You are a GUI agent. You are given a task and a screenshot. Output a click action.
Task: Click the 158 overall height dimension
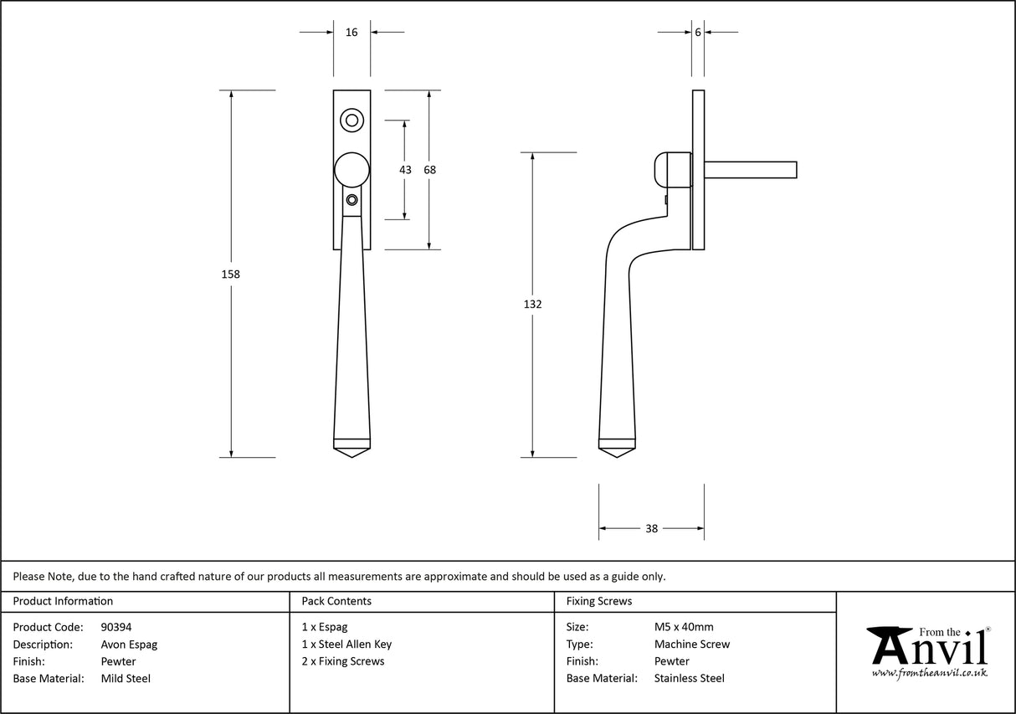[x=231, y=274]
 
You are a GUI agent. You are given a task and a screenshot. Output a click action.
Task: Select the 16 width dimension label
[x=351, y=32]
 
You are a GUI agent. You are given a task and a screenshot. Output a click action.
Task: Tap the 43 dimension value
[x=405, y=169]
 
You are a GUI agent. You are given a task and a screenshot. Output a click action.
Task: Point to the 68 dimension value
[x=429, y=169]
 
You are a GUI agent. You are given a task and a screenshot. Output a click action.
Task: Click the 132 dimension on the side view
[x=532, y=304]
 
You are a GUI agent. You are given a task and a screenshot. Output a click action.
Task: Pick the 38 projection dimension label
[x=651, y=528]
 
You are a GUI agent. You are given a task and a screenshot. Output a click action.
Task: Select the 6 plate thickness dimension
[x=697, y=32]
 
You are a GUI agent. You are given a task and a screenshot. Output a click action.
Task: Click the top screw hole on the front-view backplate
[x=351, y=121]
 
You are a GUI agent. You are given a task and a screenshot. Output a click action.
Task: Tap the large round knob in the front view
[x=351, y=169]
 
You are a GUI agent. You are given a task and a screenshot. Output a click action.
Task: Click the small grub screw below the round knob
[x=351, y=200]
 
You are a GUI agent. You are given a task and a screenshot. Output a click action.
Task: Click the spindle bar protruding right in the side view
[x=751, y=169]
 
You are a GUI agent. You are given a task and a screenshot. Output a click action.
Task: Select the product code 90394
[x=115, y=627]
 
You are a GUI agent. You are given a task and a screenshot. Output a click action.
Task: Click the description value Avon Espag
[x=128, y=645]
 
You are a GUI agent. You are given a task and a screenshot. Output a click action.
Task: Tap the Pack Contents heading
[x=336, y=601]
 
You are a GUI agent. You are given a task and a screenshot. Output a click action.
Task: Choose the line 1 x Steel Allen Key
[x=346, y=645]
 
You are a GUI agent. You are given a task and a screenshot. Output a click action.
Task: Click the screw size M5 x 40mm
[x=684, y=627]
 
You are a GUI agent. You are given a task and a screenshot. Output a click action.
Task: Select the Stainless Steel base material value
[x=689, y=679]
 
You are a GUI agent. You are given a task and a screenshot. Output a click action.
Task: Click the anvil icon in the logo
[x=889, y=645]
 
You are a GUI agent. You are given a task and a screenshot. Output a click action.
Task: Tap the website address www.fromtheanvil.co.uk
[x=929, y=672]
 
